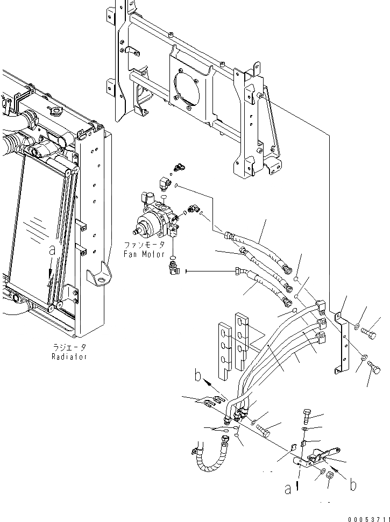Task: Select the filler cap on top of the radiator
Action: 54,112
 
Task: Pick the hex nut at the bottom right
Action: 331,478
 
